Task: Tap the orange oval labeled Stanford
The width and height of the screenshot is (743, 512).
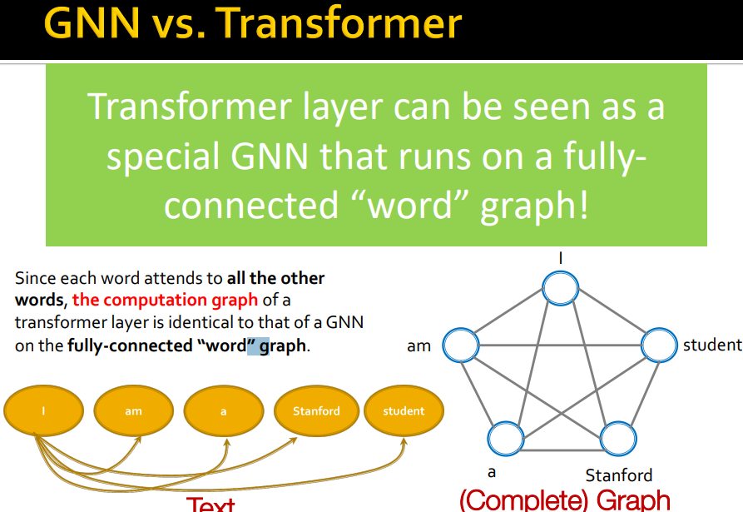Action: pos(316,411)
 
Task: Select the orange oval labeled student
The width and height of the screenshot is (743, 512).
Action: pos(404,411)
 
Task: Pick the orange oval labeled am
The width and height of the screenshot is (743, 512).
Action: pos(133,411)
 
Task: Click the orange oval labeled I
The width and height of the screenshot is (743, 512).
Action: pos(44,411)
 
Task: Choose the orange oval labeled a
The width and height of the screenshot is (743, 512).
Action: pos(223,411)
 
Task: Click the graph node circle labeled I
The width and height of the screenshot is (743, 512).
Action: pos(560,289)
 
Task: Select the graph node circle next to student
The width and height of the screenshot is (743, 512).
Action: pos(657,345)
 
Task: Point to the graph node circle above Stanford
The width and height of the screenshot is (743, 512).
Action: pos(618,438)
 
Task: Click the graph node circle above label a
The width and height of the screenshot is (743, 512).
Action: pos(506,438)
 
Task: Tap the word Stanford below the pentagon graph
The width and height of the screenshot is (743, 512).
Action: pos(618,475)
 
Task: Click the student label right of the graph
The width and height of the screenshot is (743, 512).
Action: pos(711,344)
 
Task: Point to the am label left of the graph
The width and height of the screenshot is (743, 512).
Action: pos(419,345)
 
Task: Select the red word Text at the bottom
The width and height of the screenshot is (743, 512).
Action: pos(211,504)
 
